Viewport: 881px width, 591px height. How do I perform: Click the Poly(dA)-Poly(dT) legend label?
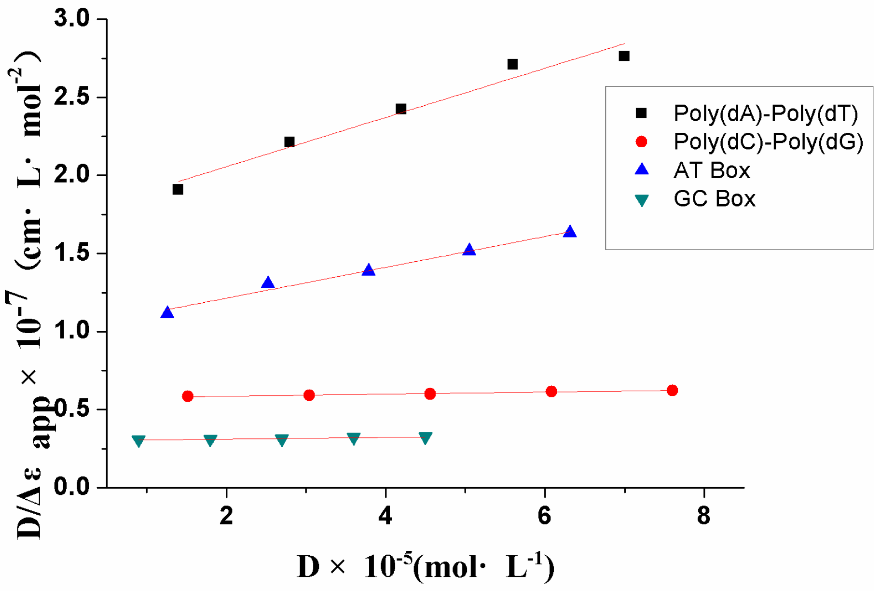(x=766, y=113)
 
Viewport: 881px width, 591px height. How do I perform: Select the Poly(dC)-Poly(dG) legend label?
(x=768, y=141)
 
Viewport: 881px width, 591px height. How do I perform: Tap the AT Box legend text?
(x=712, y=170)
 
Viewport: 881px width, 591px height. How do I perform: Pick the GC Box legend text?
(x=714, y=199)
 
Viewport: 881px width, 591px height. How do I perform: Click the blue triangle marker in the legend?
(x=642, y=169)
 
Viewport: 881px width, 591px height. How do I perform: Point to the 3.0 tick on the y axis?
(x=72, y=19)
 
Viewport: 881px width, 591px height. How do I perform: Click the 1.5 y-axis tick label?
(x=72, y=253)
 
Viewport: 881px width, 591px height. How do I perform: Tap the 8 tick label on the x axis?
(x=703, y=516)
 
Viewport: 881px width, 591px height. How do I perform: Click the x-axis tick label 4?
(x=385, y=516)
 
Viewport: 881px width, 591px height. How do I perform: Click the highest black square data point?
(x=624, y=56)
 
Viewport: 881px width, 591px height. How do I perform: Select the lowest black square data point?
(x=178, y=189)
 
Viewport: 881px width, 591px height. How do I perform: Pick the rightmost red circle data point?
(x=672, y=390)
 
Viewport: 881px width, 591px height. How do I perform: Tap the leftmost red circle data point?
(x=188, y=396)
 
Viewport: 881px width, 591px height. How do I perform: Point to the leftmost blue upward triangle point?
(x=167, y=313)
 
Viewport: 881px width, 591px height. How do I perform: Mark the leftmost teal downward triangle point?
(x=138, y=440)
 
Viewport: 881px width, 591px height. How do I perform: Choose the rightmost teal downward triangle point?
(x=425, y=437)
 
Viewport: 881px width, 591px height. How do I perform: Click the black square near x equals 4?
(x=400, y=109)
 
